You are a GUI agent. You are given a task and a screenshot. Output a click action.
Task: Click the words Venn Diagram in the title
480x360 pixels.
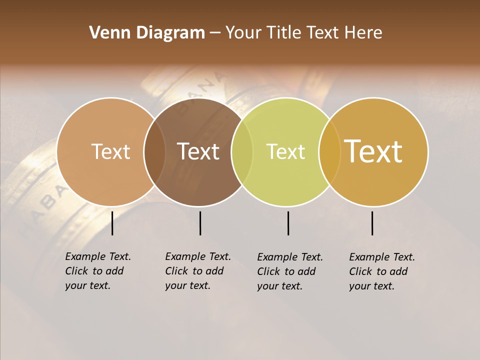click(x=147, y=33)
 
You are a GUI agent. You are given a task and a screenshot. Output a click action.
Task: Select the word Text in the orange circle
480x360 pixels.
click(x=110, y=151)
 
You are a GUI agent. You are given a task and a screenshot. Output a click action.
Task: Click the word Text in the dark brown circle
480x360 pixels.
click(x=198, y=151)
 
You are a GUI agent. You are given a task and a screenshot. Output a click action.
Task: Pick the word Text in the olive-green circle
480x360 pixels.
click(x=285, y=151)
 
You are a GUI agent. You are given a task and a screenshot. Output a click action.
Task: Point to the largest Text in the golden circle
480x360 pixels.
click(x=373, y=151)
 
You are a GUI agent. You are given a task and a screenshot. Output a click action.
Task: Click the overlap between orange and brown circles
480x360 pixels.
click(x=154, y=151)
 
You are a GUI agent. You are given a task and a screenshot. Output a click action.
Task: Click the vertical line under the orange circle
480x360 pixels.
click(x=112, y=223)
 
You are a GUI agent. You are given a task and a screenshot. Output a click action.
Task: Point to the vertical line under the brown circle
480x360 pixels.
click(x=200, y=223)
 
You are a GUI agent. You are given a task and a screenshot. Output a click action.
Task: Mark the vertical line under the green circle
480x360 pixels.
click(x=288, y=223)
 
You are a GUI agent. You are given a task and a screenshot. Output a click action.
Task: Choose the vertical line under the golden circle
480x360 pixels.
click(x=372, y=223)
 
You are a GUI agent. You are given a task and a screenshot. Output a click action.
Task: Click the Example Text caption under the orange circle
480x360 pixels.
click(x=98, y=271)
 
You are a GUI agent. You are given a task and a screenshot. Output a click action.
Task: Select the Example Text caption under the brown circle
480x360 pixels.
click(x=198, y=271)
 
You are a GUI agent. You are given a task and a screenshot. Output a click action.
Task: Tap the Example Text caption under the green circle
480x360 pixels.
click(x=290, y=271)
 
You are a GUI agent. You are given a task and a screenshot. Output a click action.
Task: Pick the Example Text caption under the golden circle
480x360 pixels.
click(x=382, y=271)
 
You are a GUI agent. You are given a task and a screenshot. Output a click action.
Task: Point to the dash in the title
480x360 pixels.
click(x=215, y=33)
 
